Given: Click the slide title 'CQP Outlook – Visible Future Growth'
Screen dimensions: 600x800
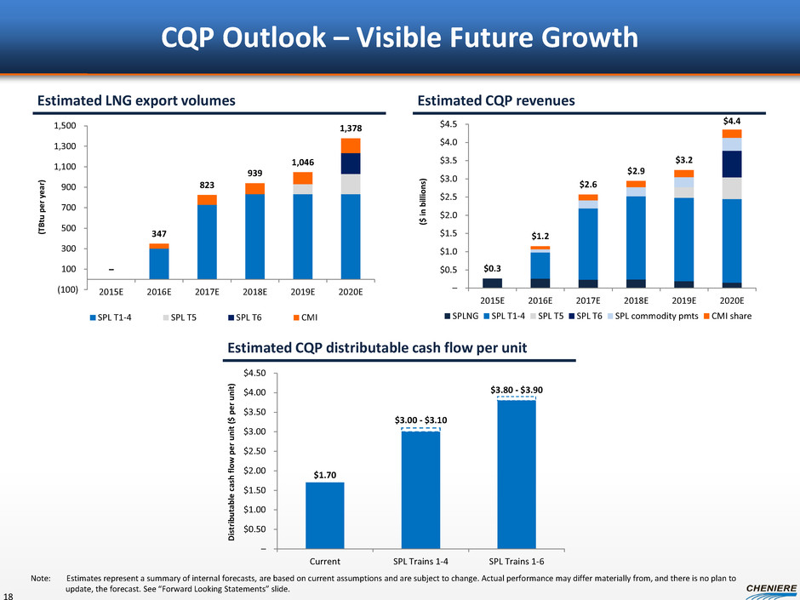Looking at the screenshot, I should pos(400,37).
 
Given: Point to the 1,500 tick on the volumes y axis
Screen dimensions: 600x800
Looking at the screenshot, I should pos(66,126).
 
